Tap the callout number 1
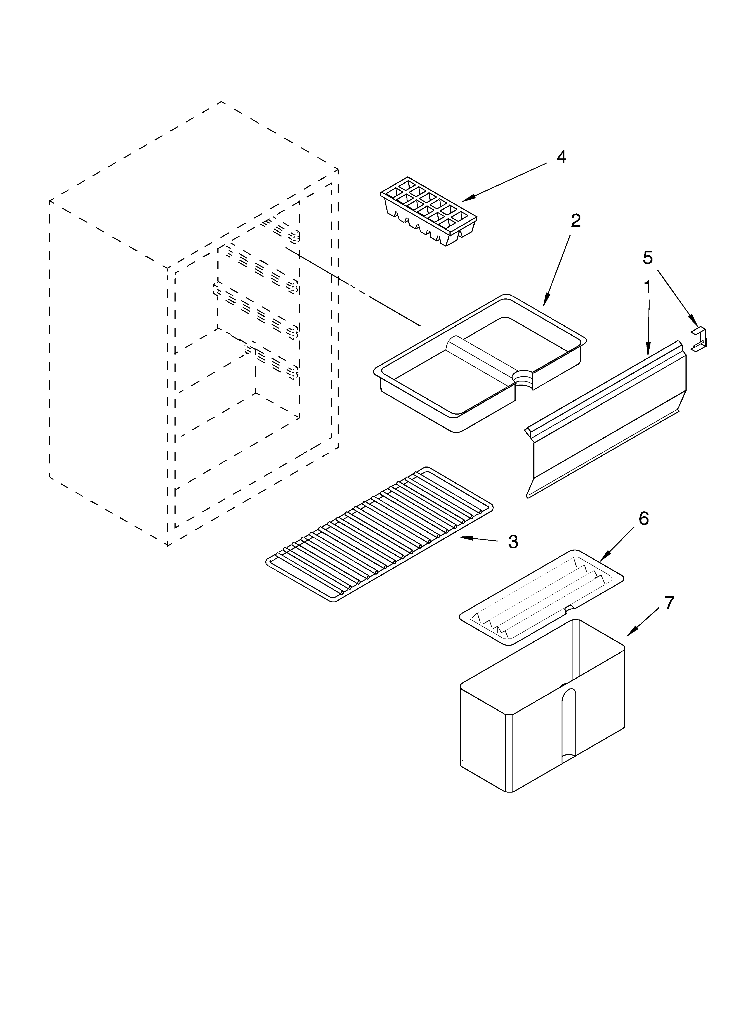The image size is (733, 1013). [x=647, y=288]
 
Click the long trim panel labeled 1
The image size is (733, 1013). [x=607, y=420]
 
